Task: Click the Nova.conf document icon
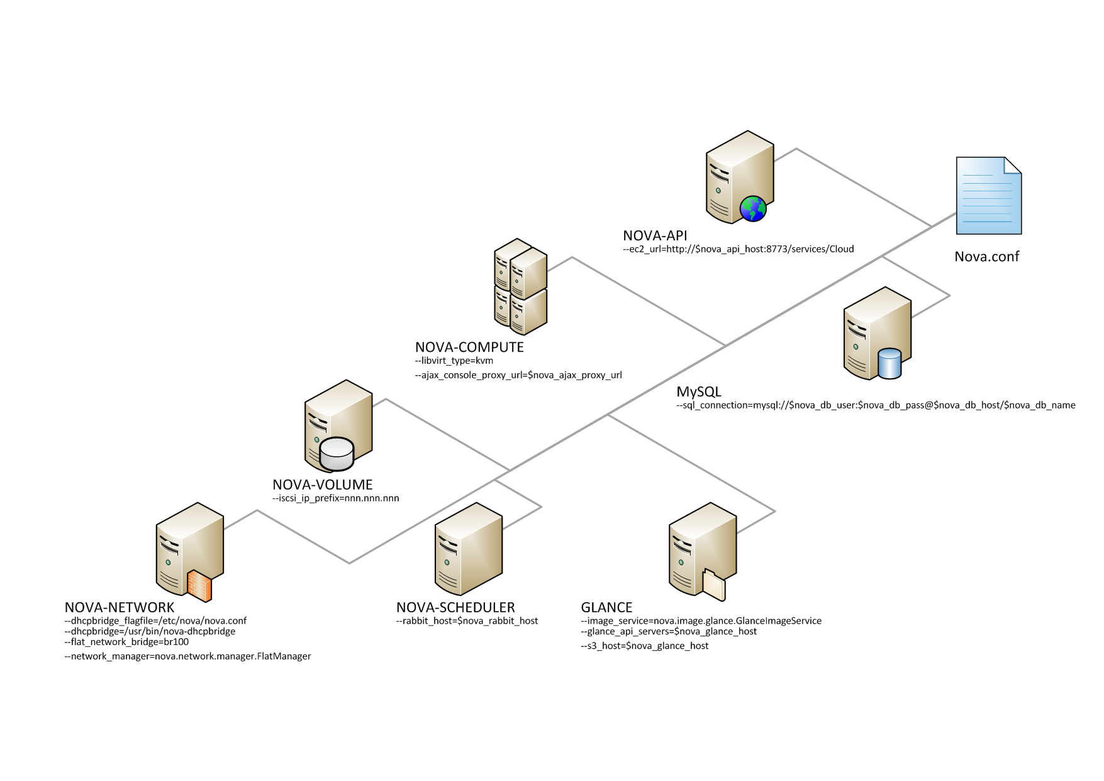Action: click(988, 196)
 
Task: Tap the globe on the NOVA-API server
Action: click(753, 209)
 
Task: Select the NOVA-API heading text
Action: click(655, 236)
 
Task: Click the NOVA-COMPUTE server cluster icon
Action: click(520, 287)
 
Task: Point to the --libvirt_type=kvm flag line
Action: click(454, 361)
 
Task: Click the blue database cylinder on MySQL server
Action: click(889, 364)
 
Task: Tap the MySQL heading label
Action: click(699, 392)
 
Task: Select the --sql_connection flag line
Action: click(876, 405)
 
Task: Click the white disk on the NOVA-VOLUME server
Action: click(337, 453)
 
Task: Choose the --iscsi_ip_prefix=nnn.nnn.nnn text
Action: click(336, 498)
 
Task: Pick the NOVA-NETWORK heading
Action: click(120, 608)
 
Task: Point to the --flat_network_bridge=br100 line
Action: click(126, 642)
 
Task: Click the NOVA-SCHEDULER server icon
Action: click(469, 549)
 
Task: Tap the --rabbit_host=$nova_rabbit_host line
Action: click(467, 621)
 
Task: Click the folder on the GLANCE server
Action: click(714, 585)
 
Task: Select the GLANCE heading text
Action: click(606, 608)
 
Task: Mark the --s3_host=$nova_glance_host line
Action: click(645, 646)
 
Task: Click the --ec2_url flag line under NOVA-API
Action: click(739, 249)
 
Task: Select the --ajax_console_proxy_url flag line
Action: click(518, 375)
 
